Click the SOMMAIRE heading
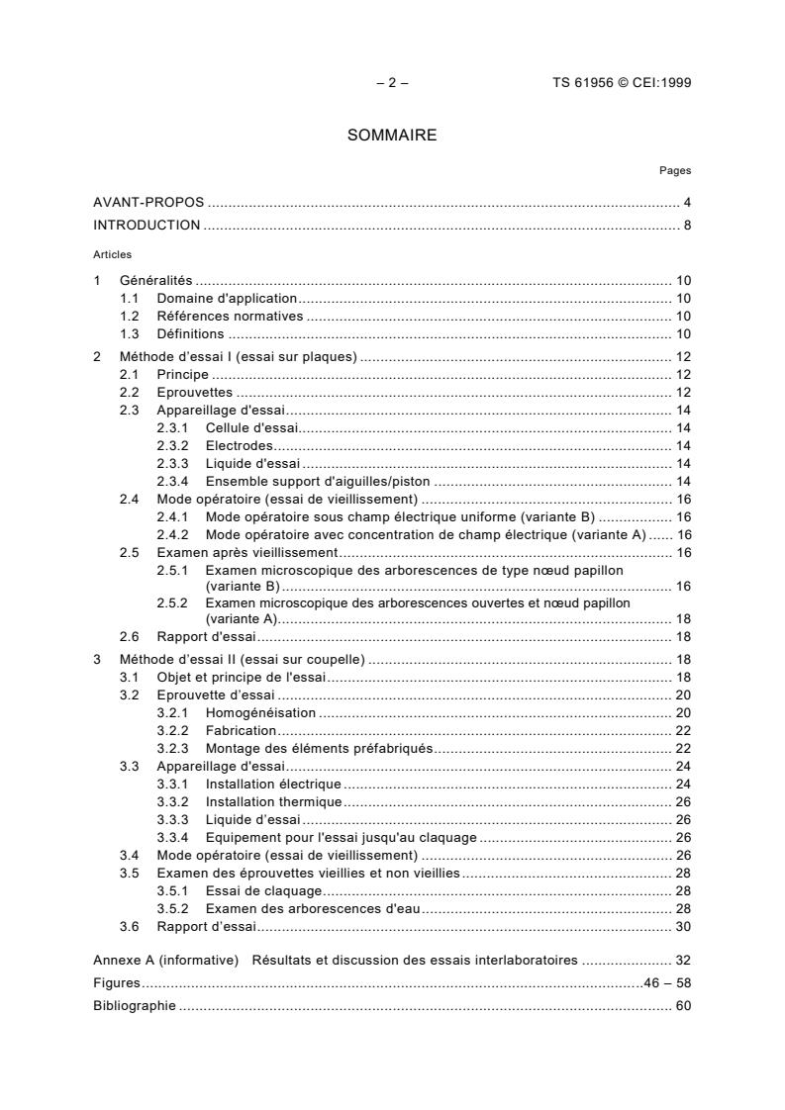point(392,136)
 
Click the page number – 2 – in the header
point(392,83)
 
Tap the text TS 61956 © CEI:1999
point(622,83)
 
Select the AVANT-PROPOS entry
point(148,203)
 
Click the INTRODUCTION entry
point(147,225)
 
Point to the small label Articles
point(112,254)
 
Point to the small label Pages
point(676,171)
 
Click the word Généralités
point(156,281)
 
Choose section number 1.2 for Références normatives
point(130,317)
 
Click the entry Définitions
point(191,334)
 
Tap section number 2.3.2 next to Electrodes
point(174,446)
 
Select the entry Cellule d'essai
point(252,428)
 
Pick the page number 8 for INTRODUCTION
point(687,225)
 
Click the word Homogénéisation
point(261,712)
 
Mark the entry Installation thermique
point(274,801)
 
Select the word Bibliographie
point(135,1005)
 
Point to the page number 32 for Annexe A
point(683,960)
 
